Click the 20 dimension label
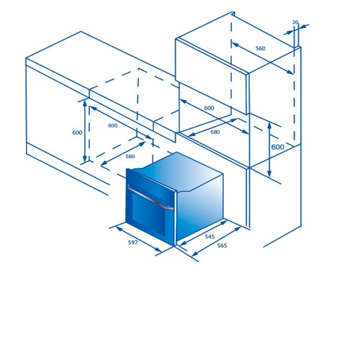click(295, 22)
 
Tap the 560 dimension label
click(261, 48)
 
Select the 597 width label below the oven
click(133, 243)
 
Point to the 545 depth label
click(210, 237)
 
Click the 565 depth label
click(222, 246)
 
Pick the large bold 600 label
click(278, 147)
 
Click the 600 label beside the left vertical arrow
click(77, 132)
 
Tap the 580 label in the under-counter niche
click(130, 156)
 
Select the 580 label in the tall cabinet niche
click(215, 132)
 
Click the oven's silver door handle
click(150, 197)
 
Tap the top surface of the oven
click(179, 171)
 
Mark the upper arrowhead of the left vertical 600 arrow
click(84, 103)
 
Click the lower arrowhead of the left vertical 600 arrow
click(84, 158)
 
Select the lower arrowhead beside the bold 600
click(269, 174)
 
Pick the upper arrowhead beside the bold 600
click(269, 126)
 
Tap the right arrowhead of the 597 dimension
click(158, 250)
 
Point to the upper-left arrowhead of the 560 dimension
click(235, 45)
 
